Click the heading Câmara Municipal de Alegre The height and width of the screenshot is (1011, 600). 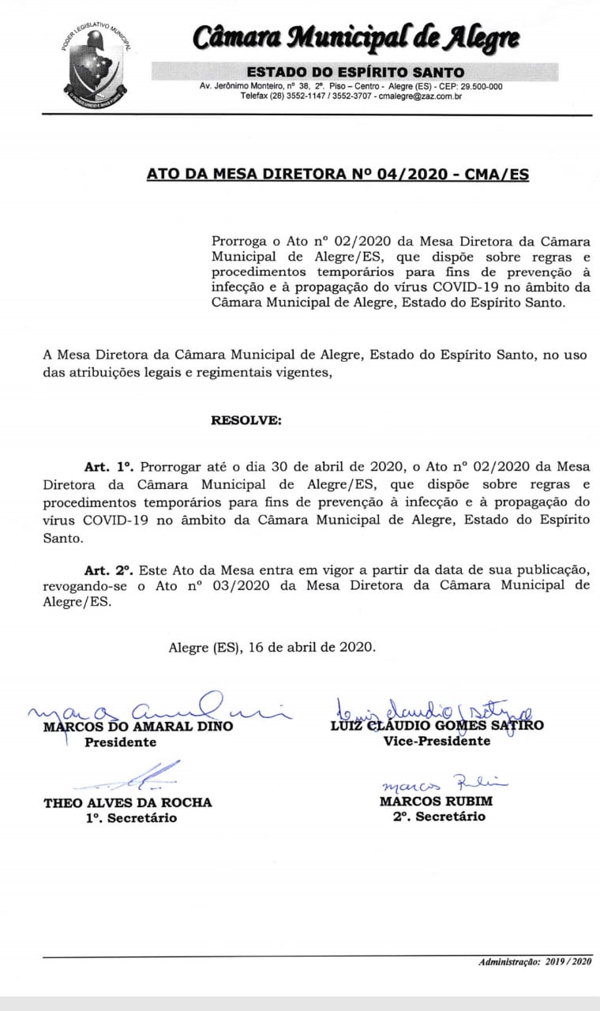click(356, 37)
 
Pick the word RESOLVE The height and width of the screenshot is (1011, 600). click(246, 420)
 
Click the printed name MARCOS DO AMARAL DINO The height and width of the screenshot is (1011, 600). click(138, 726)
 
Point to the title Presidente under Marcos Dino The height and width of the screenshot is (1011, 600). click(120, 742)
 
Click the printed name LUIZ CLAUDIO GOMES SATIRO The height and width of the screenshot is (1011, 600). click(437, 725)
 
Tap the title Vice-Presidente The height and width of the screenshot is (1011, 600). click(437, 741)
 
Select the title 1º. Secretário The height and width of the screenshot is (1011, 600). click(132, 818)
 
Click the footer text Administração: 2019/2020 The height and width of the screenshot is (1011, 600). click(534, 962)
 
